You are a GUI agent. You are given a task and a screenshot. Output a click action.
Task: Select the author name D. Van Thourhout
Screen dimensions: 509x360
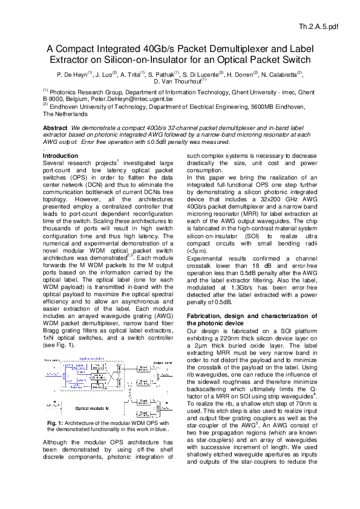click(x=177, y=81)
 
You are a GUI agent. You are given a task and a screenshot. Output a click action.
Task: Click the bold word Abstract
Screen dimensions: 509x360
click(x=55, y=129)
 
